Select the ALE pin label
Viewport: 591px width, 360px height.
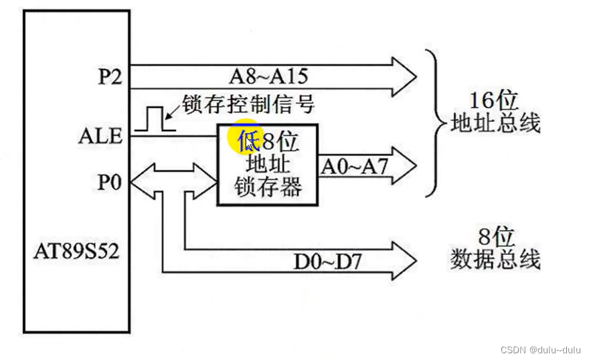tap(100, 136)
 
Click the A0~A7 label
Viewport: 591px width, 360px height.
tap(354, 166)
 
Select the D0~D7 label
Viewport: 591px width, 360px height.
tap(327, 260)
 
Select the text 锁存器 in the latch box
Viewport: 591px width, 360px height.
tap(268, 187)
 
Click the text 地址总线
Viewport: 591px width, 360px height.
tap(496, 124)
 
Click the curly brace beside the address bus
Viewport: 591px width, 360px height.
tap(434, 124)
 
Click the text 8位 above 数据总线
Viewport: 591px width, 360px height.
tap(496, 236)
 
